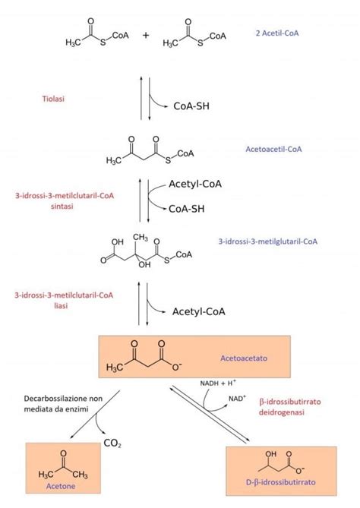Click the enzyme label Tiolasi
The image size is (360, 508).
(x=53, y=99)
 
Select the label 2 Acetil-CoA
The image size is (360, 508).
(x=277, y=33)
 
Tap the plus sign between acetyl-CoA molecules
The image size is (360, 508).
(x=146, y=35)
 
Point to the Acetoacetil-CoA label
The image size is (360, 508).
(x=273, y=149)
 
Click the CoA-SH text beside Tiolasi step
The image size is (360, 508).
(x=191, y=106)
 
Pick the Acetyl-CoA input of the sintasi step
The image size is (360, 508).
(x=195, y=184)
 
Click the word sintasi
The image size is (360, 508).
(x=62, y=206)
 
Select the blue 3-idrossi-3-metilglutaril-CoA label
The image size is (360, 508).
(x=267, y=241)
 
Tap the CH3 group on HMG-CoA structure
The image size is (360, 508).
(x=141, y=238)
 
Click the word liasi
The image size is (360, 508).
(x=61, y=305)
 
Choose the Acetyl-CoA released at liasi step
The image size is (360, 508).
(x=199, y=311)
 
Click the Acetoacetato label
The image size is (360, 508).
(x=244, y=358)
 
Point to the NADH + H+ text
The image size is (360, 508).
(x=218, y=383)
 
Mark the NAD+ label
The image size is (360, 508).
(x=237, y=398)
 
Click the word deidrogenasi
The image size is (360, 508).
(x=281, y=412)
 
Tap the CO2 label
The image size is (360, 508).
(x=112, y=443)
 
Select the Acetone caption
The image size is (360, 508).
(x=61, y=486)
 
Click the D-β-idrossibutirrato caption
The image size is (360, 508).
(x=280, y=482)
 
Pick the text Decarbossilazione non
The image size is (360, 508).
(x=63, y=399)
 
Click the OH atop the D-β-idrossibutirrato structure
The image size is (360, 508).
(x=271, y=454)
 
